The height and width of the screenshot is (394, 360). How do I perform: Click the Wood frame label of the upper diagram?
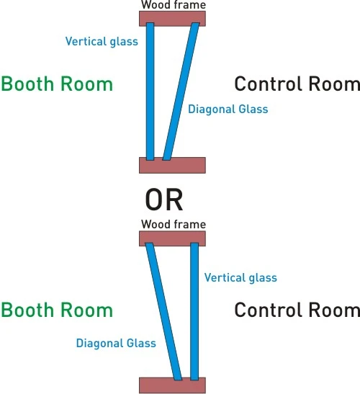pos(174,5)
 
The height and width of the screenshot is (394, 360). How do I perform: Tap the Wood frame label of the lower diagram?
pos(174,224)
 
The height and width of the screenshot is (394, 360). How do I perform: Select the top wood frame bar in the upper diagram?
pos(172,18)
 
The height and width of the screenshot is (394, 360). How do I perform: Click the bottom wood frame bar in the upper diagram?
pos(172,166)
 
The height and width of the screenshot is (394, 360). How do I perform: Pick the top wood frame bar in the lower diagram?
pos(172,238)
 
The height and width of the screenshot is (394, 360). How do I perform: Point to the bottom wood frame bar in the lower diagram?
pos(172,385)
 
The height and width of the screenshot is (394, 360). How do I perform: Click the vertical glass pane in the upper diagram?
pos(150,91)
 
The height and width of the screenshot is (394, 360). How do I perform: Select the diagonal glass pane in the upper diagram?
pos(181,91)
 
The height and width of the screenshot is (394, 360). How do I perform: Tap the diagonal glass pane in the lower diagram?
pos(163,312)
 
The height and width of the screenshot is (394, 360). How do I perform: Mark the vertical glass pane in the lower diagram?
pos(194,312)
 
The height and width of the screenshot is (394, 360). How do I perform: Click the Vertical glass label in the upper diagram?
pos(102,42)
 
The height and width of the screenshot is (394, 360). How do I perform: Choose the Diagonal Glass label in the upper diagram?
pos(228,109)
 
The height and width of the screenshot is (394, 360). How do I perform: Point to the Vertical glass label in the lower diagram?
pos(240,278)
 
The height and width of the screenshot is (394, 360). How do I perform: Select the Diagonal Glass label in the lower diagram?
pos(116,344)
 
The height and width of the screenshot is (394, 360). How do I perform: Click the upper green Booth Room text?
pos(57,84)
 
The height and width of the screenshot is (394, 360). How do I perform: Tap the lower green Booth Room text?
pos(57,310)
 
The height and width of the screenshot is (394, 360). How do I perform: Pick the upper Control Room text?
pos(297,84)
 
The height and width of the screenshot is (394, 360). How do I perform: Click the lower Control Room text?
pos(297,310)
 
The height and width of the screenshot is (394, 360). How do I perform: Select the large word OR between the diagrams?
pos(164,200)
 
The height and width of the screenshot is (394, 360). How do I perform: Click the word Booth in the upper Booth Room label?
pos(27,84)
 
